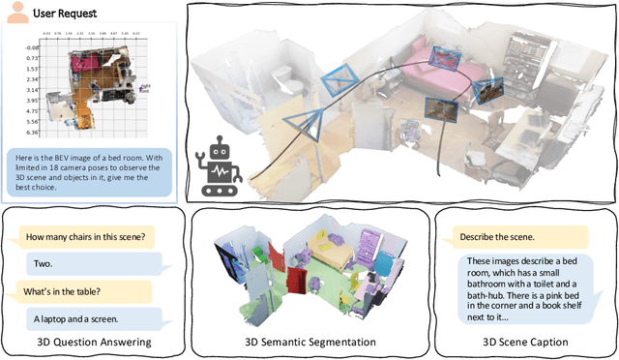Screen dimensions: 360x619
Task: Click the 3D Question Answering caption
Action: click(x=91, y=342)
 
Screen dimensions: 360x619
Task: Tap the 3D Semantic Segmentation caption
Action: click(x=309, y=342)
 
